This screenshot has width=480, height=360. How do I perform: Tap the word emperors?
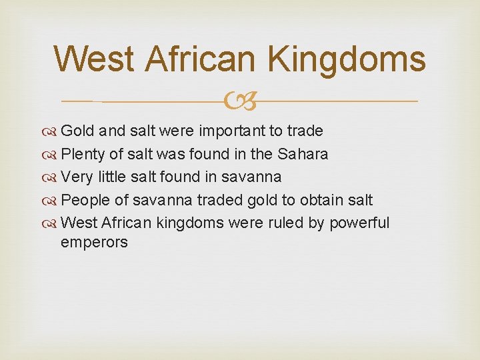(94, 242)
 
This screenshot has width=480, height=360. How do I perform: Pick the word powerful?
(359, 222)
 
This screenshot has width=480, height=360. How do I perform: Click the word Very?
(76, 177)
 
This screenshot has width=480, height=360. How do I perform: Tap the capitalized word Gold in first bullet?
(76, 131)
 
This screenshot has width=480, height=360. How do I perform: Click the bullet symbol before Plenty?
(52, 155)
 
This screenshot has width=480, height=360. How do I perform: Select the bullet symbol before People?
(52, 200)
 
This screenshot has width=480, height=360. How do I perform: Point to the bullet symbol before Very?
(52, 177)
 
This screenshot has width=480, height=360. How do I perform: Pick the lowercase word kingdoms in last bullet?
(191, 222)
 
